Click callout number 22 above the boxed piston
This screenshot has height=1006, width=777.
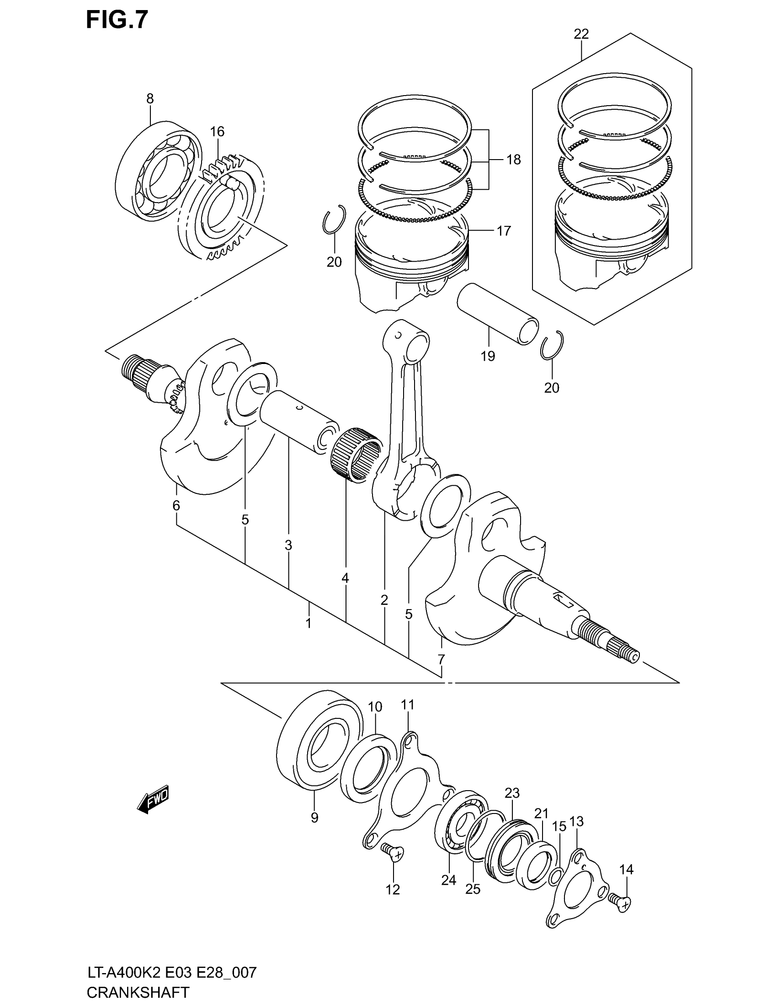581,34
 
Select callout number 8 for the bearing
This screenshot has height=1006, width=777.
149,98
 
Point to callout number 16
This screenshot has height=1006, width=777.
217,132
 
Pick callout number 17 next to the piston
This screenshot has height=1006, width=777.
504,230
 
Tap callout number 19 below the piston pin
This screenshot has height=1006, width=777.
488,356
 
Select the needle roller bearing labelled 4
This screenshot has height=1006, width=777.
356,455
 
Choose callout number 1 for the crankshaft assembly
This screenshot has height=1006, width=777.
309,623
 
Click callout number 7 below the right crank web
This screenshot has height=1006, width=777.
441,659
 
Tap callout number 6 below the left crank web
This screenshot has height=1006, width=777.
176,505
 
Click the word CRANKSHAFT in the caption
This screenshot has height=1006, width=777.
138,992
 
